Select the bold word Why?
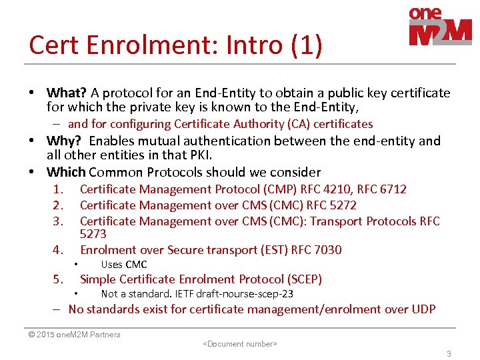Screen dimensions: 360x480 [65, 141]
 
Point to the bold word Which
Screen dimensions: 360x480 [66, 172]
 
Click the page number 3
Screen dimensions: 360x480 [449, 354]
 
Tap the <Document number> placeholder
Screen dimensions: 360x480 [239, 344]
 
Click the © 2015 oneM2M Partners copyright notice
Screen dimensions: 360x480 [74, 335]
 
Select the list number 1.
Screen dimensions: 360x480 [58, 189]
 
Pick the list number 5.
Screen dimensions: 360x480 [58, 279]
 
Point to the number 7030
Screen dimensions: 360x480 [327, 250]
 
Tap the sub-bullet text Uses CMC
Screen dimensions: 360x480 [124, 265]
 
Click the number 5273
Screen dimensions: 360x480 [93, 234]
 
